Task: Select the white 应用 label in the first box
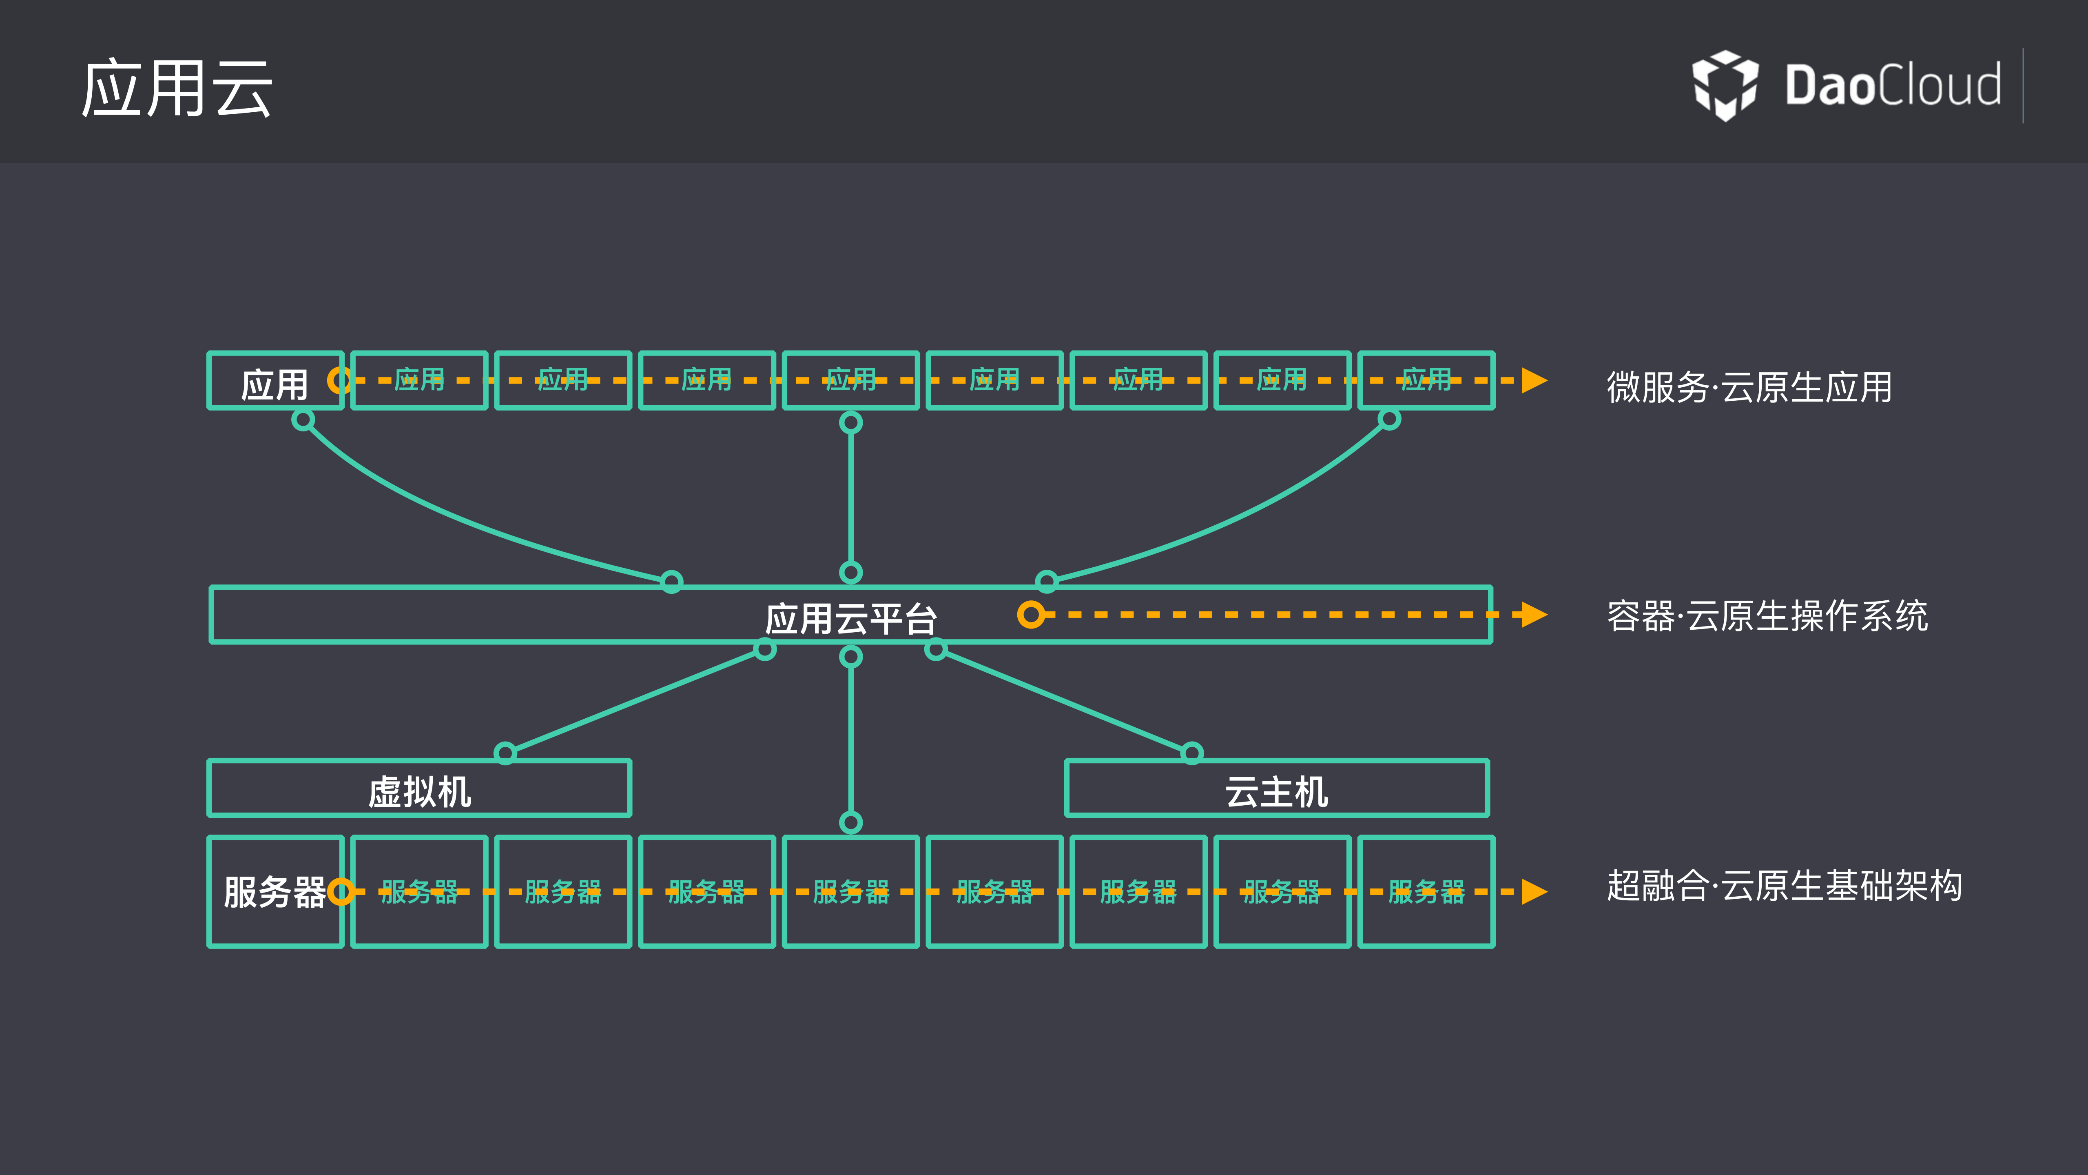274,384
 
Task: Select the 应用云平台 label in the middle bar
851,619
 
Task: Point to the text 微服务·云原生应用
1749,387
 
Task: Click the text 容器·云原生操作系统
1767,615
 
